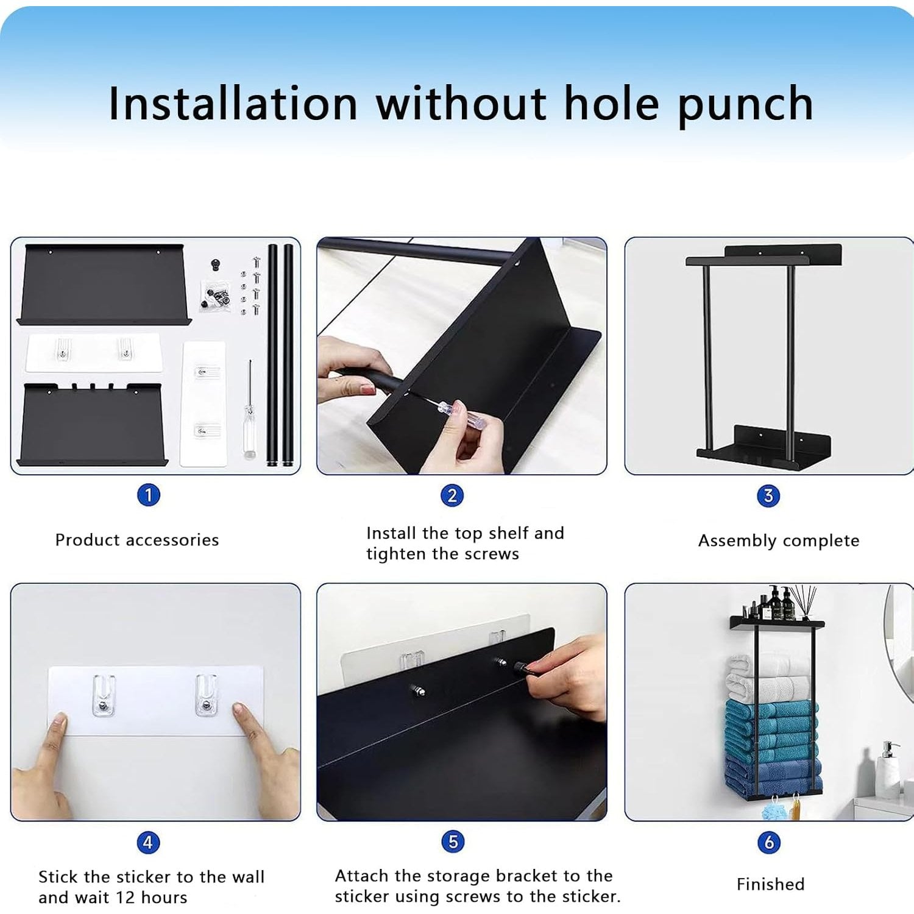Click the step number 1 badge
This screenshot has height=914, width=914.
click(x=149, y=495)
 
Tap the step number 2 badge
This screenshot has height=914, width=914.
click(x=452, y=495)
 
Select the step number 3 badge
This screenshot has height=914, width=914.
click(x=768, y=495)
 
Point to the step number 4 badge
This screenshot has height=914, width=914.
click(x=148, y=843)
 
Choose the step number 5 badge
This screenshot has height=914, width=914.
click(x=453, y=841)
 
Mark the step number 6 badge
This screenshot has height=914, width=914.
click(x=769, y=843)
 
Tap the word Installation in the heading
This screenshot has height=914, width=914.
click(x=233, y=103)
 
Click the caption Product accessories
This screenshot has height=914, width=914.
click(x=137, y=540)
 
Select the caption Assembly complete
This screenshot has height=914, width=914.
click(x=779, y=541)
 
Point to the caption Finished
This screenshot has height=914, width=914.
click(x=771, y=884)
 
